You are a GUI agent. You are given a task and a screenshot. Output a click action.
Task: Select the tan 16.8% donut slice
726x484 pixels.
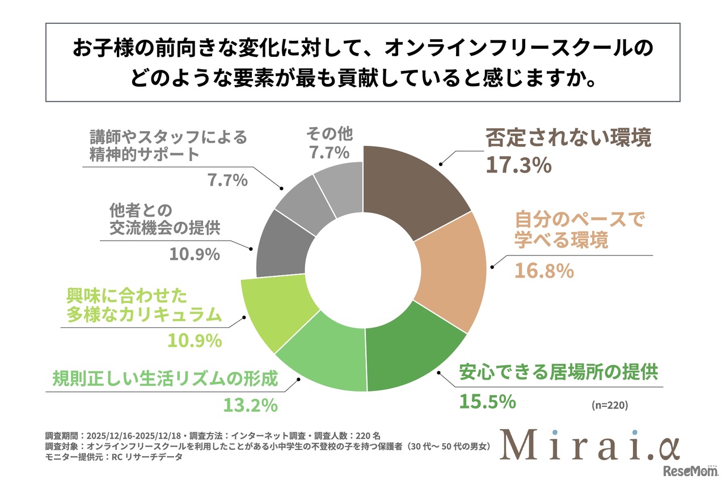click(x=454, y=267)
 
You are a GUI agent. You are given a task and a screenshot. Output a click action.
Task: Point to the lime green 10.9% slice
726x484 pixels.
click(x=272, y=309)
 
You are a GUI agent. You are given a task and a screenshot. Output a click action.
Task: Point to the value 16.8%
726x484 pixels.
click(x=544, y=271)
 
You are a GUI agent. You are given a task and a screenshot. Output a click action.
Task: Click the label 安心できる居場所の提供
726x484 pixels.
click(x=558, y=372)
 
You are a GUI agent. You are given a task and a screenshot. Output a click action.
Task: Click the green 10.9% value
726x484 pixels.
click(x=194, y=340)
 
